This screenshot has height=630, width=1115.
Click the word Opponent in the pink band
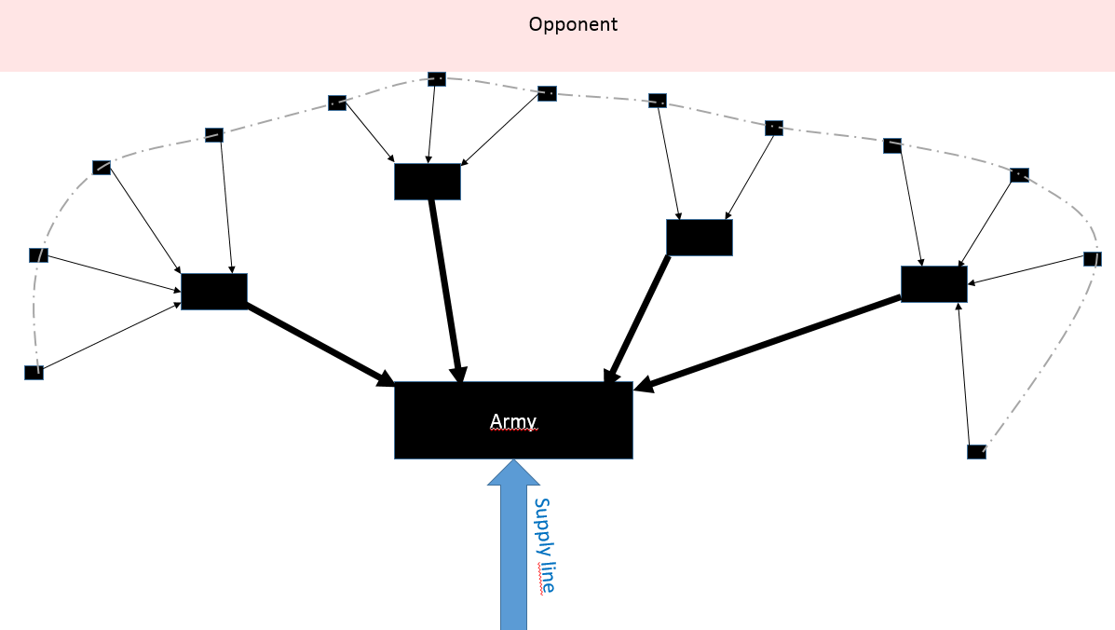pyautogui.click(x=573, y=24)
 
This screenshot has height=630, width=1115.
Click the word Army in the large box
pyautogui.click(x=513, y=421)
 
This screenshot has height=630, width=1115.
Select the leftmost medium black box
pyautogui.click(x=213, y=291)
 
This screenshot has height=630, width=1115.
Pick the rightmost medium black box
pyautogui.click(x=933, y=283)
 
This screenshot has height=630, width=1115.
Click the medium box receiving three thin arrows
pyautogui.click(x=427, y=181)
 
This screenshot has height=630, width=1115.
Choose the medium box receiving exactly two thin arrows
pyautogui.click(x=699, y=237)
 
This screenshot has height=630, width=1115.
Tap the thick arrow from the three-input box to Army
pyautogui.click(x=446, y=289)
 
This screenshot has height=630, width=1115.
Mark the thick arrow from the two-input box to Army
pyautogui.click(x=638, y=317)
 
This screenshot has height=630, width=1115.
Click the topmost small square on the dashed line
pyautogui.click(x=436, y=78)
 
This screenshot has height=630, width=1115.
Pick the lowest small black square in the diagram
pyautogui.click(x=976, y=452)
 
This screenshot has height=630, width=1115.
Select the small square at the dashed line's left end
pyautogui.click(x=34, y=373)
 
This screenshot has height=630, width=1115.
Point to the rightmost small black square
pyautogui.click(x=1093, y=258)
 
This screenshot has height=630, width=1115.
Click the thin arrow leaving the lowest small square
pyautogui.click(x=967, y=377)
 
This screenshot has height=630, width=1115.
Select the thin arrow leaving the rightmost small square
pyautogui.click(x=1029, y=271)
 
